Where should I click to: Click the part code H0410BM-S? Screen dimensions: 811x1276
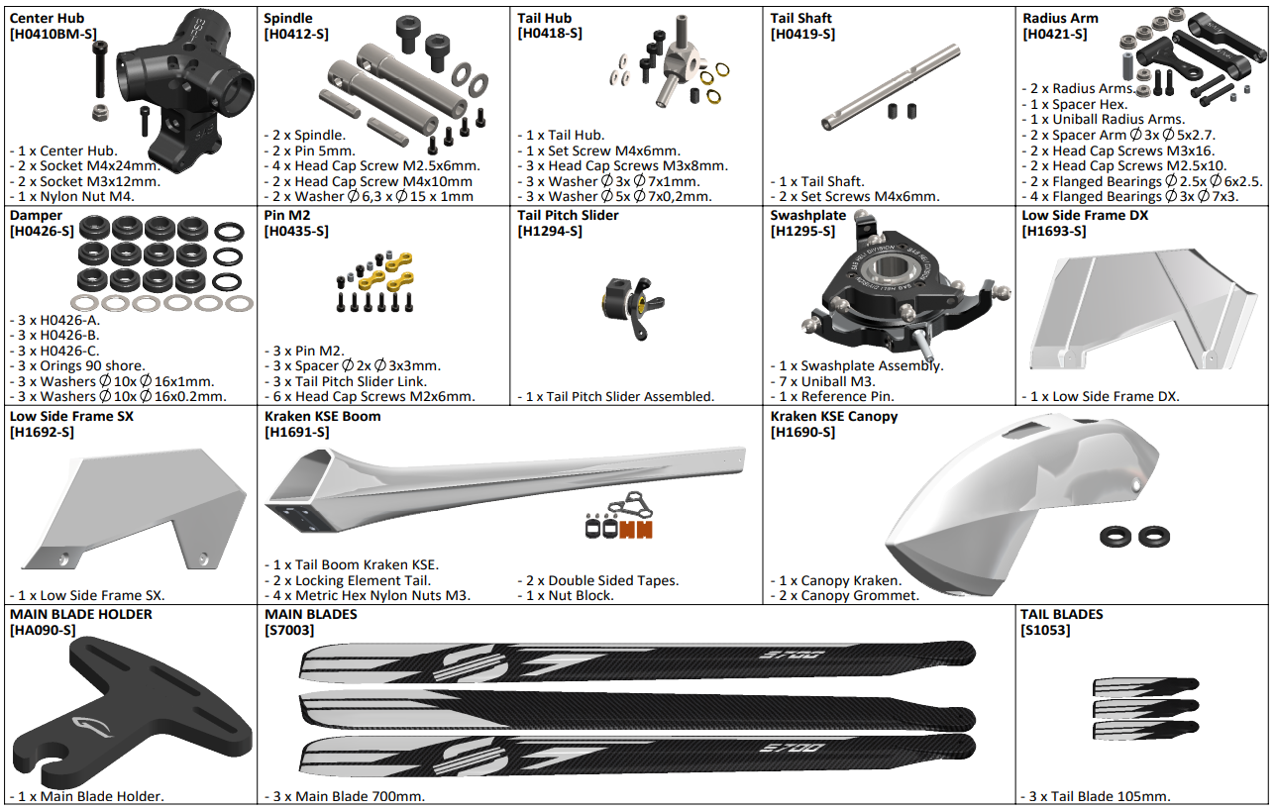(53, 34)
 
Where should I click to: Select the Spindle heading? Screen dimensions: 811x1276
(288, 18)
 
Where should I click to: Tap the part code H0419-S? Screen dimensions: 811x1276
(802, 34)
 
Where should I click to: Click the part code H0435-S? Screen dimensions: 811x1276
(296, 232)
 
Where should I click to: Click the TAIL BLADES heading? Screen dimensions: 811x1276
(1062, 615)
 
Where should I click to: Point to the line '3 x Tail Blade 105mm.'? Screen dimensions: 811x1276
(1096, 796)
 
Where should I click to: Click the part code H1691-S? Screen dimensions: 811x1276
(296, 433)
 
